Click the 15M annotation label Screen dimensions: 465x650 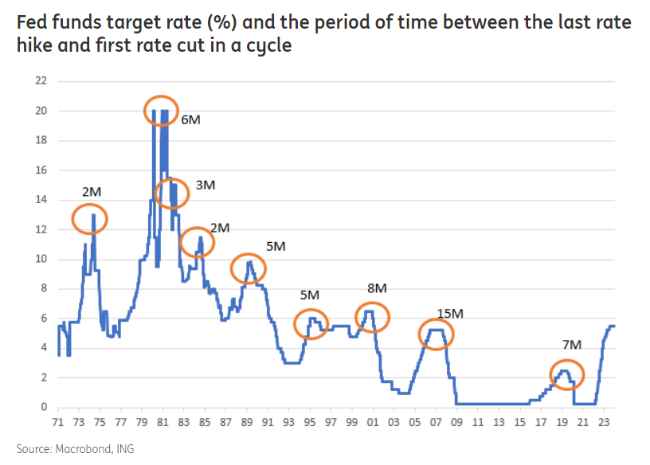[451, 314]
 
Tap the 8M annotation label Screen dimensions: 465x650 [377, 287]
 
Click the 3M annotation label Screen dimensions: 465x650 [205, 185]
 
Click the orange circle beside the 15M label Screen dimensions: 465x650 [436, 335]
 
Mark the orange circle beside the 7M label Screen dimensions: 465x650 [566, 374]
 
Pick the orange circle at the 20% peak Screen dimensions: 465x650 [161, 111]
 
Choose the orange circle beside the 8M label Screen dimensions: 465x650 [372, 318]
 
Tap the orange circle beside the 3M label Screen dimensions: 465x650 [171, 193]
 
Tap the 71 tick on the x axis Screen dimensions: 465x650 [58, 421]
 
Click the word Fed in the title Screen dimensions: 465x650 [29, 22]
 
